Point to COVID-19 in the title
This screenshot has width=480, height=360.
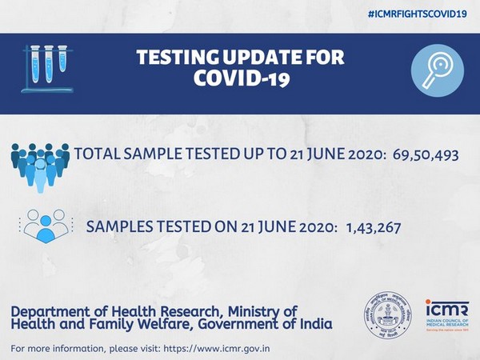click(x=240, y=82)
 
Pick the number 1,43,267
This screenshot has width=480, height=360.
click(x=374, y=228)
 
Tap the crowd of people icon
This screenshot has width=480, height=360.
click(x=40, y=164)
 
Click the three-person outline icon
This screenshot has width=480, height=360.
click(x=42, y=225)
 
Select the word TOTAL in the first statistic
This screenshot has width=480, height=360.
click(x=98, y=154)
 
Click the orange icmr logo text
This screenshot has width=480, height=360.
click(x=442, y=306)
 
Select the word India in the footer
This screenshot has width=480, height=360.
click(x=314, y=324)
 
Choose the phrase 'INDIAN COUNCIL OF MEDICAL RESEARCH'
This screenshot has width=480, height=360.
click(x=442, y=323)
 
